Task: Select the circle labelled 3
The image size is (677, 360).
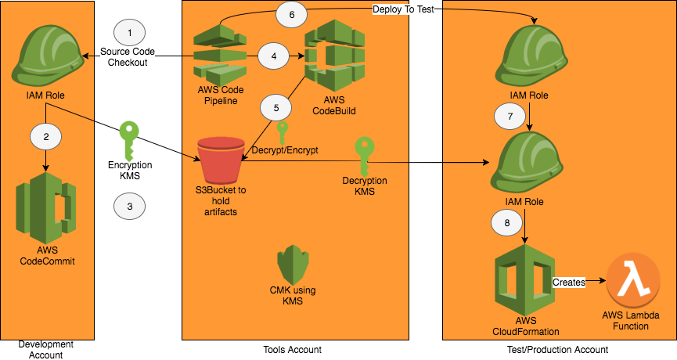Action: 129,207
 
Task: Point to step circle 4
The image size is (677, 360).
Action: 273,56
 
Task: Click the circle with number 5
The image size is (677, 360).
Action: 275,106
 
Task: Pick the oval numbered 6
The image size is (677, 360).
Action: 292,14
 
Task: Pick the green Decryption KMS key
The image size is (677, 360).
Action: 365,153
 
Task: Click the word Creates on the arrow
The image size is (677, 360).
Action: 569,282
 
